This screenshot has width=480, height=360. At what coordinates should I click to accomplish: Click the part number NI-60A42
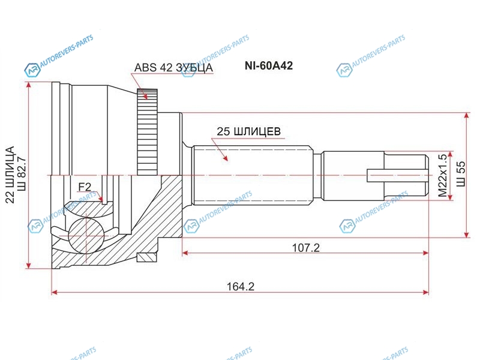268,66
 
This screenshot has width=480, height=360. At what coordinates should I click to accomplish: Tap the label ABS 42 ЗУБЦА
173,68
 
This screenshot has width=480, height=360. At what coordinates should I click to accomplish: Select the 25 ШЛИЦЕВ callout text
248,131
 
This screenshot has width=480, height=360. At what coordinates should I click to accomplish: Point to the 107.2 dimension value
306,247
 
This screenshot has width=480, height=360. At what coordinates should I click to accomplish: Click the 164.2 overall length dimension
241,287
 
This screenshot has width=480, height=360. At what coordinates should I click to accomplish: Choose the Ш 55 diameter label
461,174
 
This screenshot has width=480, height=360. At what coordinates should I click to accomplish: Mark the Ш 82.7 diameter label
22,175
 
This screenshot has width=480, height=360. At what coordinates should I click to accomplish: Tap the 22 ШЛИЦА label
10,175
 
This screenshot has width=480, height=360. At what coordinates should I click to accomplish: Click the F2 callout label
85,187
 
